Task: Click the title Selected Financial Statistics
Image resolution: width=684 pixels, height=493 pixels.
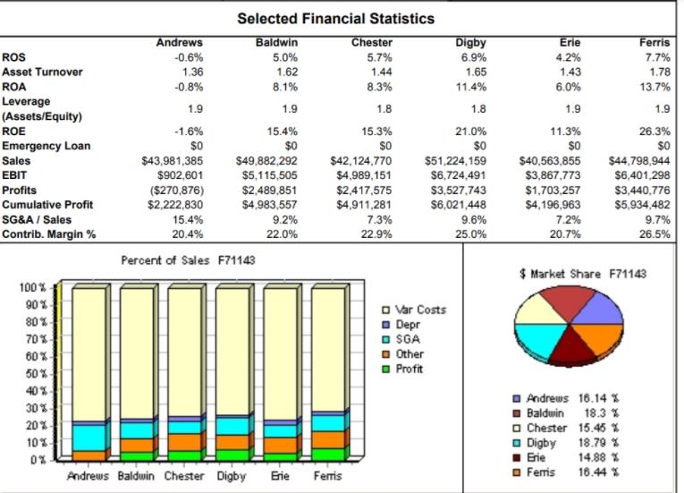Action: pos(335,18)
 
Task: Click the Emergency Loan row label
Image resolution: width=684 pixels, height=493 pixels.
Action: pos(46,145)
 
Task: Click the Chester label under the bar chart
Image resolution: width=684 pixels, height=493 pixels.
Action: pos(184,477)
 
